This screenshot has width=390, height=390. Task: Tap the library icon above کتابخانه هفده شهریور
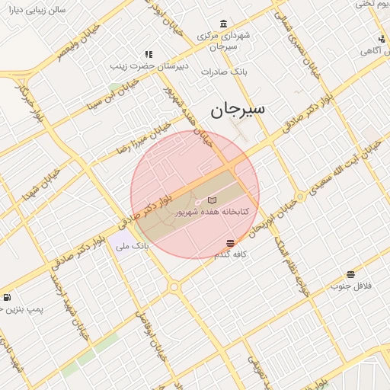212,200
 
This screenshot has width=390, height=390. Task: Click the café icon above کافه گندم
230,243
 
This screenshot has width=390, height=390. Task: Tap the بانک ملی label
130,246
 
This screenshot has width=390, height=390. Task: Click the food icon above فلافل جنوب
350,274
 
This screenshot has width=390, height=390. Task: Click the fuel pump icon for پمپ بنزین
7,298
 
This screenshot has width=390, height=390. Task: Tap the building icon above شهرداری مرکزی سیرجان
222,24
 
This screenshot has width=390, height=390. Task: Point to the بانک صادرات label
220,71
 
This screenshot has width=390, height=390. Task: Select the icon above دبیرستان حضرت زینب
149,54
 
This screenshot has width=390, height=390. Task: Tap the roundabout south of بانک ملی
174,286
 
